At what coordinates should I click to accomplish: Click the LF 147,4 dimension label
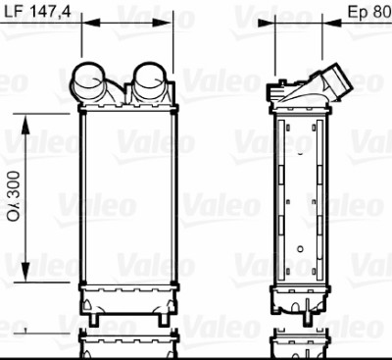37,12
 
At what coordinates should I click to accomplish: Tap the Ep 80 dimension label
369,12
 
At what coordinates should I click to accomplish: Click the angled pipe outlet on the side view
336,80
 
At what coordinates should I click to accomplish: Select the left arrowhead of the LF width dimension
90,23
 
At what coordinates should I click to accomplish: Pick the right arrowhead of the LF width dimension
163,23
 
